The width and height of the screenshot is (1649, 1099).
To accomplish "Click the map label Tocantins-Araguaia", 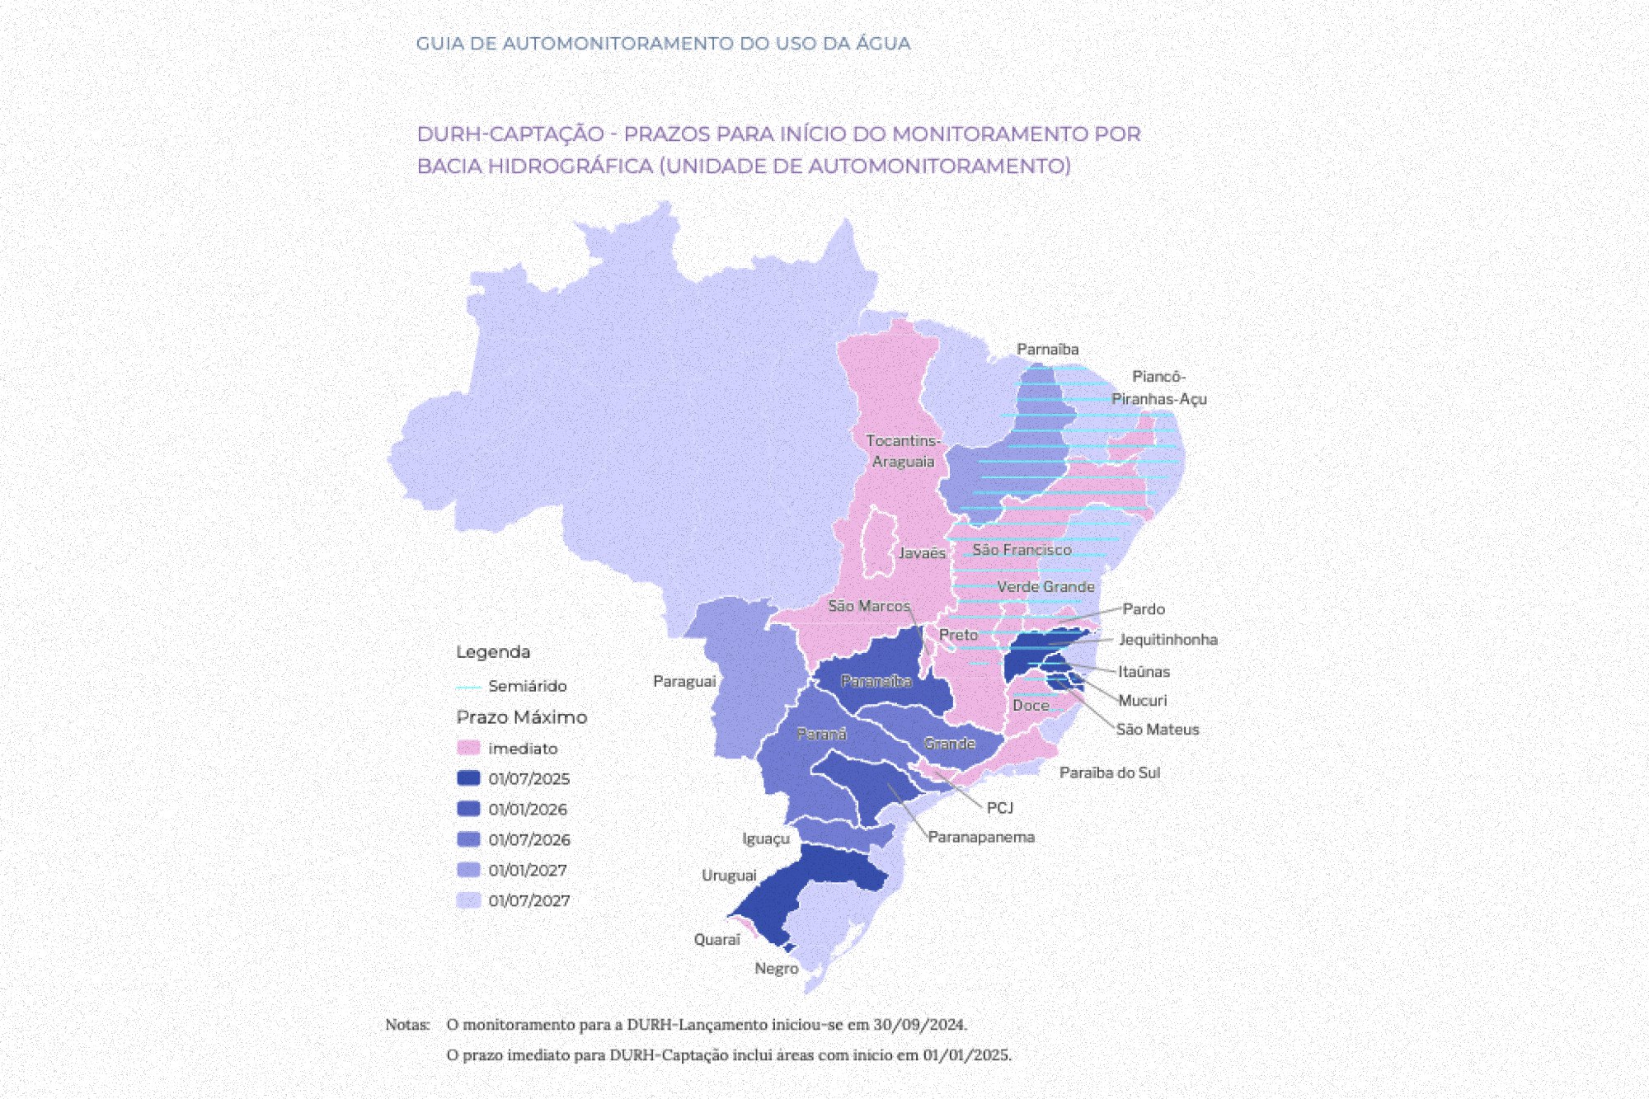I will coord(903,451).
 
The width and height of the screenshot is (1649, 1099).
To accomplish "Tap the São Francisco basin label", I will coord(1022,550).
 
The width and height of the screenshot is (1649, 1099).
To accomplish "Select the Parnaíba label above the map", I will coord(1047,350).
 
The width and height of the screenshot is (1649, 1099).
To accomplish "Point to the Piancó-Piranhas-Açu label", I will coord(1158,387).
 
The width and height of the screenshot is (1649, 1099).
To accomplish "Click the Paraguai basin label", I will coord(684,681).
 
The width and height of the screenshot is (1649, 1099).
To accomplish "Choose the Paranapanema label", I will coord(981,837).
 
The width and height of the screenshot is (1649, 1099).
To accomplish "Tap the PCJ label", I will coord(1000,808).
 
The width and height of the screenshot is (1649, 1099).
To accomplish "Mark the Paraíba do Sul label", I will coord(1110,773).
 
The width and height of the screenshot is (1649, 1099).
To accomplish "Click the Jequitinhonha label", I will coord(1168,640).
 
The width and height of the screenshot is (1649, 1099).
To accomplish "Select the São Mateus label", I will coord(1158,730).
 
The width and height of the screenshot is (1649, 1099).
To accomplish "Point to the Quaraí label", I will coord(716,940).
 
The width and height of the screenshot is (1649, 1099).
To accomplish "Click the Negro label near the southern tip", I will coord(777,969).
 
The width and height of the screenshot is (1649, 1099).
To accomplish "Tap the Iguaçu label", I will coord(766,838).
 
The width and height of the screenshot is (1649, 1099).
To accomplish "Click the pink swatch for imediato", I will coord(468,749).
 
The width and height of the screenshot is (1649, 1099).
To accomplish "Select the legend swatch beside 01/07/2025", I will coord(468,778).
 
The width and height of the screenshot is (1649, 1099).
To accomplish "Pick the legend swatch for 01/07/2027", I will coord(468,900).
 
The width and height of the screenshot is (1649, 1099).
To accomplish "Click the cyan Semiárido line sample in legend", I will coord(468,687).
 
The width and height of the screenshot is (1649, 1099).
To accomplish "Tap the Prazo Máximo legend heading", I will coord(522,717).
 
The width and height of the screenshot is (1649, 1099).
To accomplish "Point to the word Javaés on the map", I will coord(922,553).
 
